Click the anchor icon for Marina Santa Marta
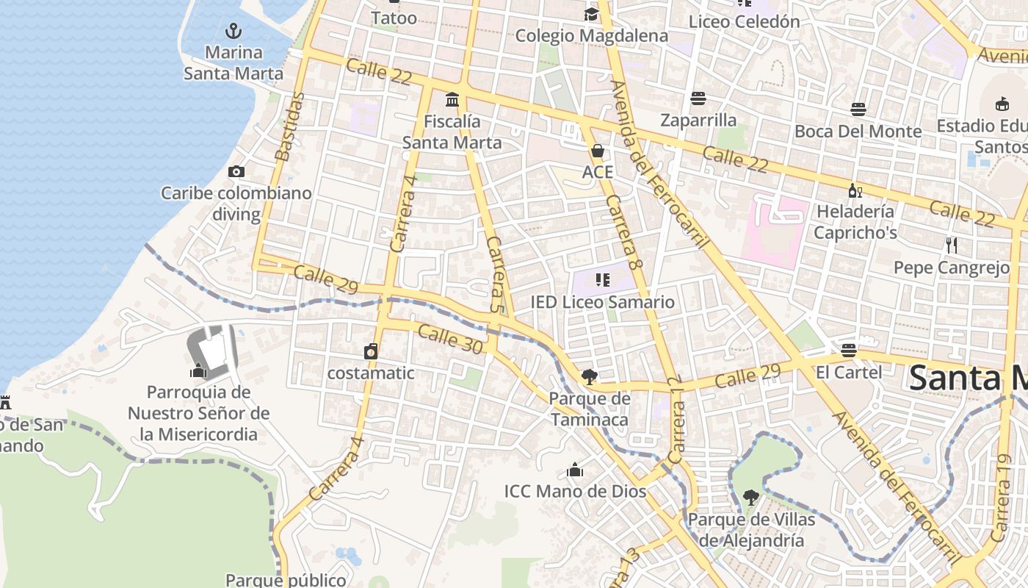click(233, 31)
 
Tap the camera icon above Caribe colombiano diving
click(236, 172)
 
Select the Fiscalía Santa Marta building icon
click(452, 100)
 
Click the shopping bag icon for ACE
click(598, 151)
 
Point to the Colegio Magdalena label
click(591, 35)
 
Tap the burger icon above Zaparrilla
click(698, 98)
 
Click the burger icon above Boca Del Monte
click(858, 110)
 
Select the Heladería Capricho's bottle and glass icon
click(855, 191)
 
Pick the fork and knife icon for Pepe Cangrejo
click(952, 245)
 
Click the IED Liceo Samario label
click(602, 301)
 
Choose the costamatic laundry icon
click(371, 352)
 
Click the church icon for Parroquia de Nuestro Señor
click(198, 370)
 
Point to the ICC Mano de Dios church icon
click(575, 470)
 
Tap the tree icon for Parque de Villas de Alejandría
click(750, 498)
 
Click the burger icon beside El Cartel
click(849, 351)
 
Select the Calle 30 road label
click(451, 340)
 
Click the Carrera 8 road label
click(625, 229)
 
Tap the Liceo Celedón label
click(744, 21)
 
